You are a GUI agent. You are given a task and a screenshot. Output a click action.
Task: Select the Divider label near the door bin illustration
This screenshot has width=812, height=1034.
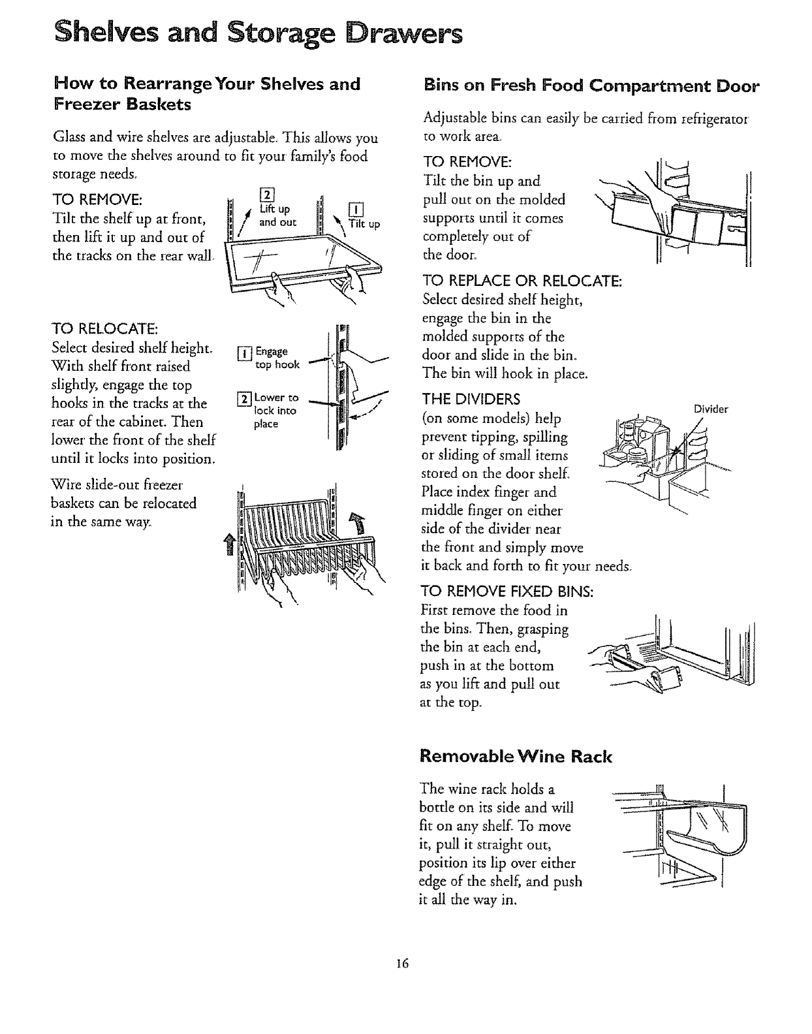pyautogui.click(x=711, y=409)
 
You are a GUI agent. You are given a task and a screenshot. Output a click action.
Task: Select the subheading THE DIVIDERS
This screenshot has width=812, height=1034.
pyautogui.click(x=471, y=399)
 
